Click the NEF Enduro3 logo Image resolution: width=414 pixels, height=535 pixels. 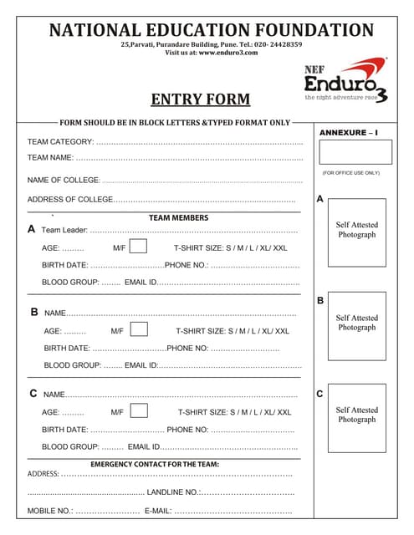pos(345,80)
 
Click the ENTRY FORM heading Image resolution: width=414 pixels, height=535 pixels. pos(200,99)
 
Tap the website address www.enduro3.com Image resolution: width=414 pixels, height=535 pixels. pos(228,52)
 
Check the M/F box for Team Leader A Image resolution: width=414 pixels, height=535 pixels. pos(139,247)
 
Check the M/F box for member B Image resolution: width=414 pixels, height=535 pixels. pos(140,329)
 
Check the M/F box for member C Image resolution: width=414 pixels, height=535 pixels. pos(139,410)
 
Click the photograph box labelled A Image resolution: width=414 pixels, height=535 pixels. pos(356,232)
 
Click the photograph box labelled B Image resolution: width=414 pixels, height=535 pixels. pos(356,324)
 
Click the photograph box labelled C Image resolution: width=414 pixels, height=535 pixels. pos(356,415)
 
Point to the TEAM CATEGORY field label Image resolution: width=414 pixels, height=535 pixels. pos(60,142)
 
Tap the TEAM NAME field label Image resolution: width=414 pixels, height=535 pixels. pos(50,157)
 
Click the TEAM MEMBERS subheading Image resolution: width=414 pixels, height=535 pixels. pos(178,218)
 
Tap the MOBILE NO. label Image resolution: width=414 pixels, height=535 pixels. pos(50,511)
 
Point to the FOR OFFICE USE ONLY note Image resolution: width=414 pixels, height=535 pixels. pos(350,173)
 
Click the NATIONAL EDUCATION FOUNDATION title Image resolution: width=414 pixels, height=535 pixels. pos(212,31)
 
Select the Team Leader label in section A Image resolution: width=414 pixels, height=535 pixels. pos(64,230)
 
